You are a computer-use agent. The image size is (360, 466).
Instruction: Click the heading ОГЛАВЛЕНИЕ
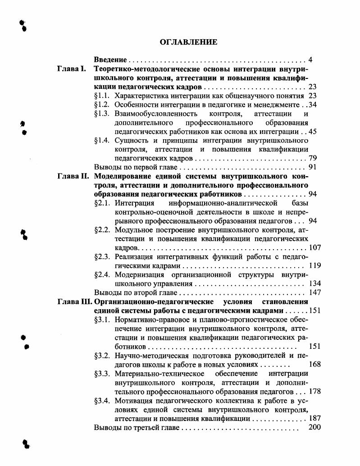(189, 42)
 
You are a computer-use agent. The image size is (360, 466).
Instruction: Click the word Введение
(109, 60)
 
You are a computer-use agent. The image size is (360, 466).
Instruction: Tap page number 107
(314, 248)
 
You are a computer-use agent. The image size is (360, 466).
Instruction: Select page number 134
(314, 283)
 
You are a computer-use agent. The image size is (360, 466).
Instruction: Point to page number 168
(314, 364)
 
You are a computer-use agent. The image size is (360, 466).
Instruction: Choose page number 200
(314, 426)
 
